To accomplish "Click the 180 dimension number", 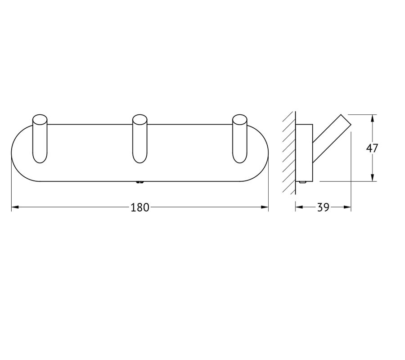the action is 140,207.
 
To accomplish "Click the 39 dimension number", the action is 323,207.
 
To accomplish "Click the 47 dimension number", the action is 372,148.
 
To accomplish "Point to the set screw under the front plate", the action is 140,183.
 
